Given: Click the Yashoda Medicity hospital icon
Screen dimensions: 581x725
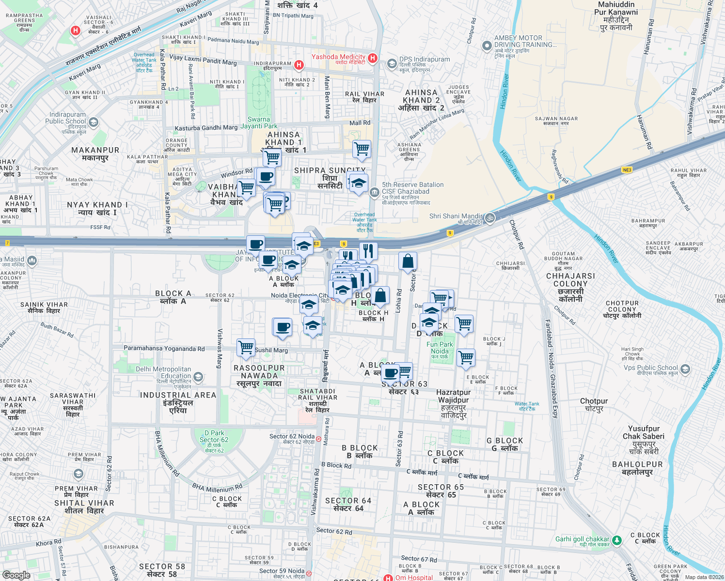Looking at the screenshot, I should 373,58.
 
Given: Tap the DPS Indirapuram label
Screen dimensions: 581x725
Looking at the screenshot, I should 424,60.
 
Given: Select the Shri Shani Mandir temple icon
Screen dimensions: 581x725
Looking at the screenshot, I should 490,217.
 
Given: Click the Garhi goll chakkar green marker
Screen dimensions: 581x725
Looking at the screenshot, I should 616,540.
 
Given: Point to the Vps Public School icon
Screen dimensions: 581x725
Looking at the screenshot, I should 685,369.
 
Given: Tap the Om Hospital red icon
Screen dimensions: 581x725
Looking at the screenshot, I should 388,578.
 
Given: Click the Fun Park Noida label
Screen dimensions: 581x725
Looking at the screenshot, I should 440,348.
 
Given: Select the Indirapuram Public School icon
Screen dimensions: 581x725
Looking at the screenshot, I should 94,122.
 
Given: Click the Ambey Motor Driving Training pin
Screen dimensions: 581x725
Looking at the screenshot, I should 487,46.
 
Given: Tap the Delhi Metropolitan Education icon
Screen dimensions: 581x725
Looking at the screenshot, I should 198,377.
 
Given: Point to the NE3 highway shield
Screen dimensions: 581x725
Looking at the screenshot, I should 627,170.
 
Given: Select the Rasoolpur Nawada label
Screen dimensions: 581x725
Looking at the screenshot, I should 259,375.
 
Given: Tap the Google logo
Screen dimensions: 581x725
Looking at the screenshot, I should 16,575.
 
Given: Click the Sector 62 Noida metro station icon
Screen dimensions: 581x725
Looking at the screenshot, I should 318,439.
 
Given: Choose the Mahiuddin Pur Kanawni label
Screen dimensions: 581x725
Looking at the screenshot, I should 616,16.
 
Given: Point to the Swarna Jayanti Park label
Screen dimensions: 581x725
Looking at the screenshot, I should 262,122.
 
